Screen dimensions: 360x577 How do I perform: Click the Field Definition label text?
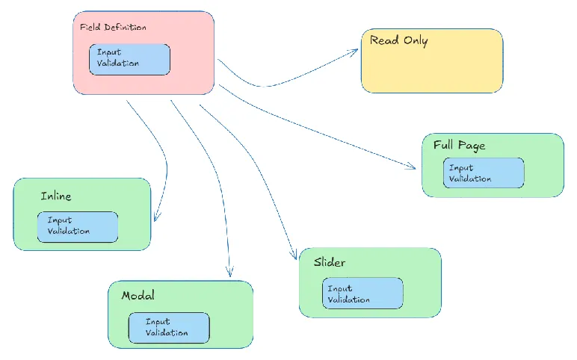point(113,28)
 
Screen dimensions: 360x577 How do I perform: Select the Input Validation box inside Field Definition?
point(129,59)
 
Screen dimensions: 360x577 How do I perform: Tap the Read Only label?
point(398,40)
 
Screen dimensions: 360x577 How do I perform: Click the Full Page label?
point(459,145)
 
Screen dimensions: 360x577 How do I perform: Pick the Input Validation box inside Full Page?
point(483,173)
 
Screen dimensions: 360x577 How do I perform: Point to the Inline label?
point(56,196)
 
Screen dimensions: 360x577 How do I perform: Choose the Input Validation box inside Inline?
point(78,226)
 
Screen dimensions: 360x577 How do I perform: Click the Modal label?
point(138,296)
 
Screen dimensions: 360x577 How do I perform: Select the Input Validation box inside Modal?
point(168,328)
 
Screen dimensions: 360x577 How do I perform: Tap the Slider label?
point(329,262)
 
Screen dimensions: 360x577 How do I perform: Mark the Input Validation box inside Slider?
point(362,294)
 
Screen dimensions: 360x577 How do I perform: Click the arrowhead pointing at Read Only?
point(356,52)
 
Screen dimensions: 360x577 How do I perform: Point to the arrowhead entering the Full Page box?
point(412,167)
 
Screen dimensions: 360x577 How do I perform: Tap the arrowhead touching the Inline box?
point(155,217)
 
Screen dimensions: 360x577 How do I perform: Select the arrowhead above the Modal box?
point(229,272)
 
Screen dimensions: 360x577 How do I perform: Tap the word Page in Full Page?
point(472,145)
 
